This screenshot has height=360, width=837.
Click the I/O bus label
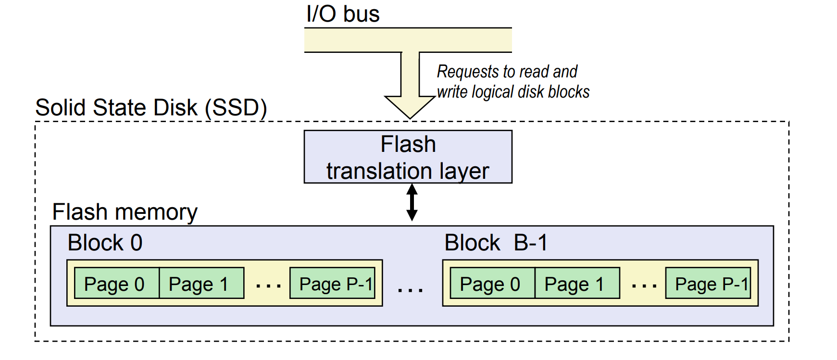click(343, 14)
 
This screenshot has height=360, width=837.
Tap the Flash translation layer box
click(408, 157)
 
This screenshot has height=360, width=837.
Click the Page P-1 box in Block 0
click(332, 284)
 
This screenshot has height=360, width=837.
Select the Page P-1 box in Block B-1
click(708, 284)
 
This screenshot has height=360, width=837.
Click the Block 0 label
click(105, 243)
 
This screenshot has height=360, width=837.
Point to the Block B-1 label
click(496, 243)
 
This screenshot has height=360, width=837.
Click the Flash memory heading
click(125, 212)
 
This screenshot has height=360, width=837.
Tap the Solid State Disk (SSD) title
click(151, 108)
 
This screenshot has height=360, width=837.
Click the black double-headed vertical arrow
click(412, 202)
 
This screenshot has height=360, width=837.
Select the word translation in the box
click(379, 171)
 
